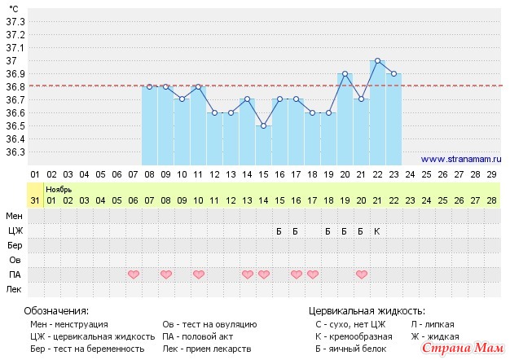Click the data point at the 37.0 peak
[377, 61]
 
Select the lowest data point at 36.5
[263, 126]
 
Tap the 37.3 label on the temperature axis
[15, 21]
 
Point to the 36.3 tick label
[15, 151]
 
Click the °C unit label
[14, 7]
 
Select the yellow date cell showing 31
[34, 200]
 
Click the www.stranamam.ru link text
[461, 160]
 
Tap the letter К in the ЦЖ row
[377, 231]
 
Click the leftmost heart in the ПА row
[134, 274]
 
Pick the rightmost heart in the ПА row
[361, 274]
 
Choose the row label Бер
[15, 245]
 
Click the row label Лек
[15, 289]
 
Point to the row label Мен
[15, 216]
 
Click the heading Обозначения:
[56, 311]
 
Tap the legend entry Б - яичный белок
[351, 349]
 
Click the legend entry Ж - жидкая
[435, 336]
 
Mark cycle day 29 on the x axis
[491, 174]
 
